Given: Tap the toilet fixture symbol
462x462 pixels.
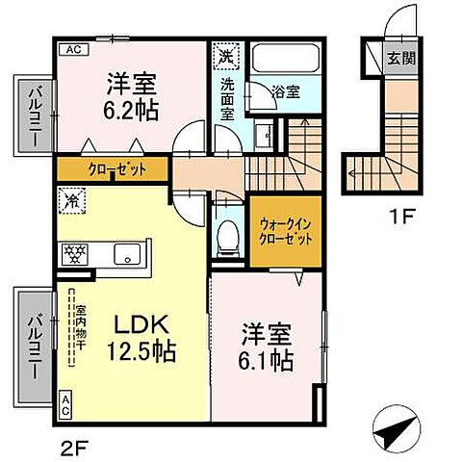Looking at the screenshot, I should tap(227, 234).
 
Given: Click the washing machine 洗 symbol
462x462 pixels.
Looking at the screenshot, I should tap(224, 55).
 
